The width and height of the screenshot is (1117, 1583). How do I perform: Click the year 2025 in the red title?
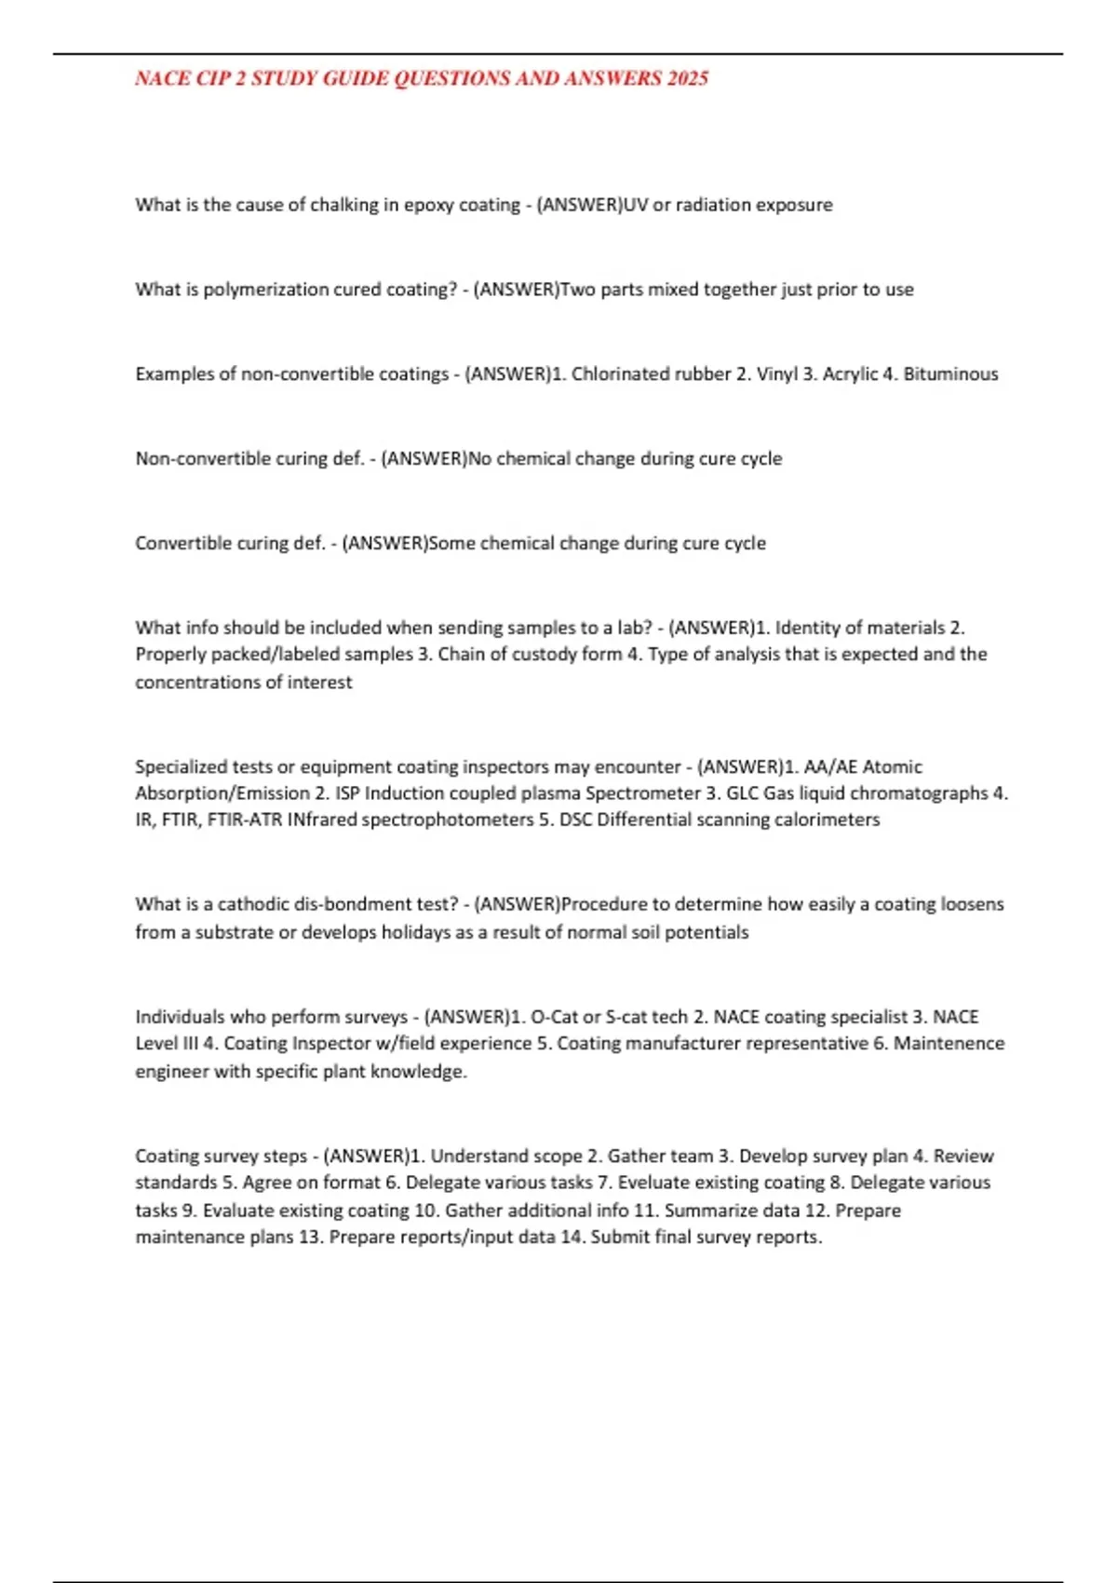(x=687, y=78)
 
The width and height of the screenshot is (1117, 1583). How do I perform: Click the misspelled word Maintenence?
(x=949, y=1044)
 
